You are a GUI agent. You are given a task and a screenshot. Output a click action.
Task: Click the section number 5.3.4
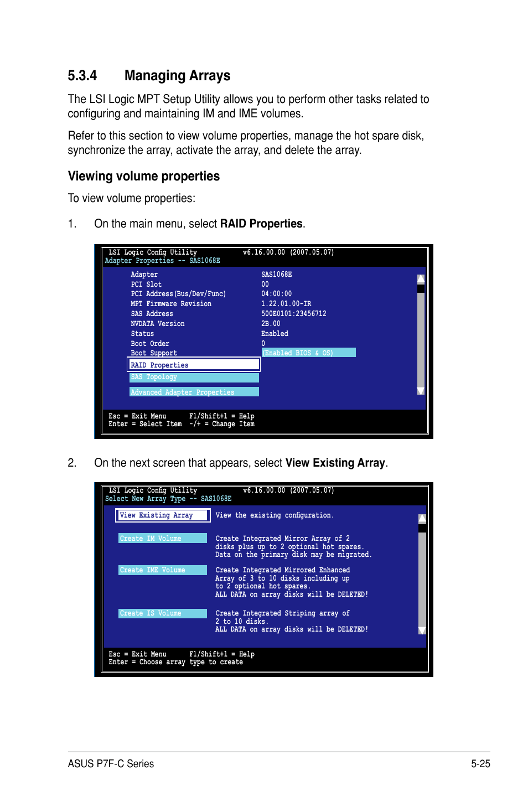pyautogui.click(x=82, y=76)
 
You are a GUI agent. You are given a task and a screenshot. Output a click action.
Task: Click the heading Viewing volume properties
pyautogui.click(x=143, y=176)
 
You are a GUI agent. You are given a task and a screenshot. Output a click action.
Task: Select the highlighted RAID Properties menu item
pyautogui.click(x=193, y=365)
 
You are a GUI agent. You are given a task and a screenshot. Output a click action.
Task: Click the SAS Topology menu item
pyautogui.click(x=193, y=378)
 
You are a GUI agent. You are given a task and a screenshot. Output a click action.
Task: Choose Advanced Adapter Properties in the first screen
pyautogui.click(x=193, y=392)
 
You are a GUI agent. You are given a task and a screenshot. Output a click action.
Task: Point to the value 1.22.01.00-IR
pyautogui.click(x=286, y=304)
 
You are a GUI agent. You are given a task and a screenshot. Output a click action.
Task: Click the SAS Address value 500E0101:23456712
pyautogui.click(x=293, y=314)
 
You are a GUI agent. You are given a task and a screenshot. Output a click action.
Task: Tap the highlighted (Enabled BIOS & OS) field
pyautogui.click(x=308, y=353)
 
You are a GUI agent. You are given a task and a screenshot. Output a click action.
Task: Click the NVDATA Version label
pyautogui.click(x=157, y=324)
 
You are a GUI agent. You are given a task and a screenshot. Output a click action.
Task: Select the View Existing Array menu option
pyautogui.click(x=162, y=515)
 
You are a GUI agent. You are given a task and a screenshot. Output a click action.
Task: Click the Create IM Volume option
pyautogui.click(x=162, y=539)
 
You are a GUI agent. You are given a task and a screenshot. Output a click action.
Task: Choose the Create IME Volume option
pyautogui.click(x=162, y=570)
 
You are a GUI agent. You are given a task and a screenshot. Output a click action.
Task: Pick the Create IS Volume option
pyautogui.click(x=162, y=613)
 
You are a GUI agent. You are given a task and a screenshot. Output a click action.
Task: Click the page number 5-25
pyautogui.click(x=480, y=764)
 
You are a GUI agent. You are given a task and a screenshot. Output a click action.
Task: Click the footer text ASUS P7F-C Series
pyautogui.click(x=111, y=764)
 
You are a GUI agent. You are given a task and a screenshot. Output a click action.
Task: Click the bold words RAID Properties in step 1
pyautogui.click(x=261, y=224)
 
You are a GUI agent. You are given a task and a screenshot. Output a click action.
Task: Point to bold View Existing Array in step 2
pyautogui.click(x=335, y=463)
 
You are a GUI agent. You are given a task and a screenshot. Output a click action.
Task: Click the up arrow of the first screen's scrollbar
pyautogui.click(x=421, y=279)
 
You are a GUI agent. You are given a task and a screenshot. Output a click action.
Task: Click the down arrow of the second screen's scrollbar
pyautogui.click(x=422, y=630)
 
